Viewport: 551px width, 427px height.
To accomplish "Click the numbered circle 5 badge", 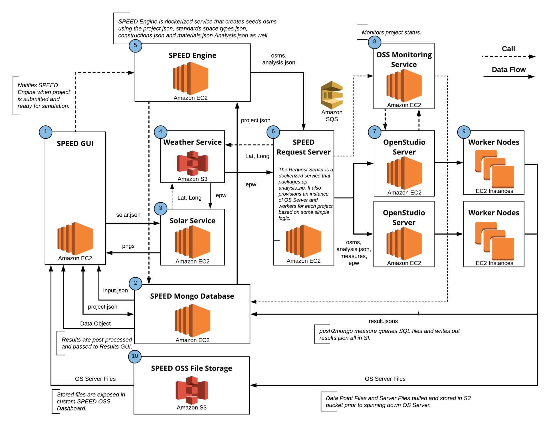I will point(135,45).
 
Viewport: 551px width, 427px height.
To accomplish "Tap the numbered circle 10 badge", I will point(135,356).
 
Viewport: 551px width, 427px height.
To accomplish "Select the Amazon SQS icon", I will point(332,95).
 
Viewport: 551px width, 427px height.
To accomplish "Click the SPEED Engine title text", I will point(192,55).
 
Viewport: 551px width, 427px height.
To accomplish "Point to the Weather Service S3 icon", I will point(192,163).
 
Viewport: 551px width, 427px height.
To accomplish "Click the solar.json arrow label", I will point(128,215).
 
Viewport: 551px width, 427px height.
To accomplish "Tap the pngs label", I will point(128,246).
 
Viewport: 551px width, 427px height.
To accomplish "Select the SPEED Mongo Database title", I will point(192,296).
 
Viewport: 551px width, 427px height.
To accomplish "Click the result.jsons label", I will point(383,321).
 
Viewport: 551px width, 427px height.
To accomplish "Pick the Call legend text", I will point(508,49).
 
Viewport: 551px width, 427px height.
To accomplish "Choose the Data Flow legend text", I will point(508,70).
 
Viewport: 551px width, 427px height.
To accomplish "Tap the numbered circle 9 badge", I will point(464,131).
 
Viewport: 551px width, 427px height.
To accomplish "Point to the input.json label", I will point(115,290).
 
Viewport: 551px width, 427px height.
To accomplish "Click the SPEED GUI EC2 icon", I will point(75,239).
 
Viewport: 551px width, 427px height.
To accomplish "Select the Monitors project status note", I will point(391,32).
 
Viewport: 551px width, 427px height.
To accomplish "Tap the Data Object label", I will point(95,324).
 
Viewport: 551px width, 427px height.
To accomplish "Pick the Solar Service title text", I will point(192,221).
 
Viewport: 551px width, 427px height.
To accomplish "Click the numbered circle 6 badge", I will point(273,131).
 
